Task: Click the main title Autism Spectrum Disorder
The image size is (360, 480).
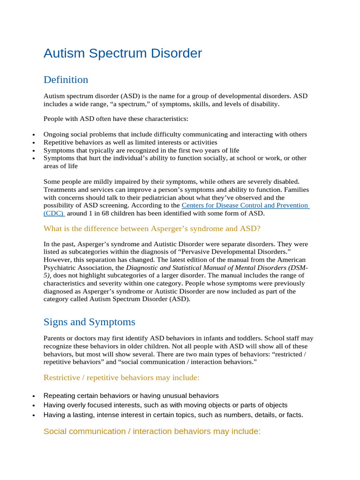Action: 122,53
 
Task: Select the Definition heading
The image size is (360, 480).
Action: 66,79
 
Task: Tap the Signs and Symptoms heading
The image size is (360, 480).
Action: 89,322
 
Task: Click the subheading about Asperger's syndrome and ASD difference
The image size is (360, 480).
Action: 152,228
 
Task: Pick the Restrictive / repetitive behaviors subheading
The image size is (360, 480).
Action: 121,377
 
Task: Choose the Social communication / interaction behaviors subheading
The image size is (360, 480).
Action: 152,431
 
